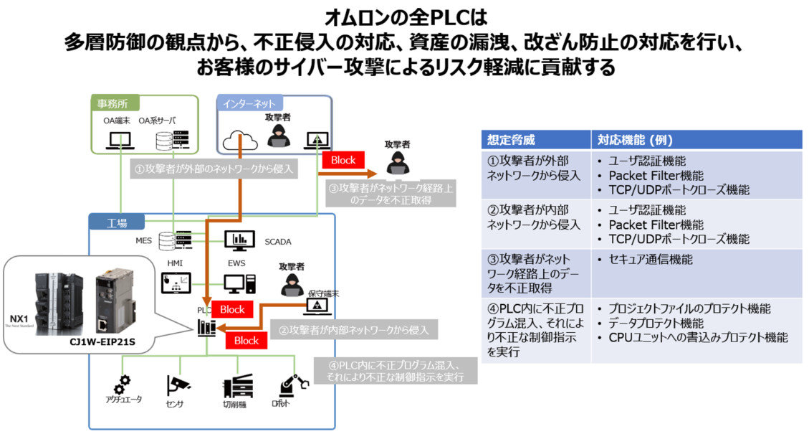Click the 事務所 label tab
[x=115, y=103]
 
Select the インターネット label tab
[x=249, y=104]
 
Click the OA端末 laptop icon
[x=115, y=141]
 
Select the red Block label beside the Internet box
[x=343, y=160]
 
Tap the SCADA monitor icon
[x=239, y=240]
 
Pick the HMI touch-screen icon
[x=175, y=285]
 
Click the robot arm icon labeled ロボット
[x=292, y=387]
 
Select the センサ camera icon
[x=176, y=385]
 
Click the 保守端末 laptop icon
[x=316, y=305]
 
